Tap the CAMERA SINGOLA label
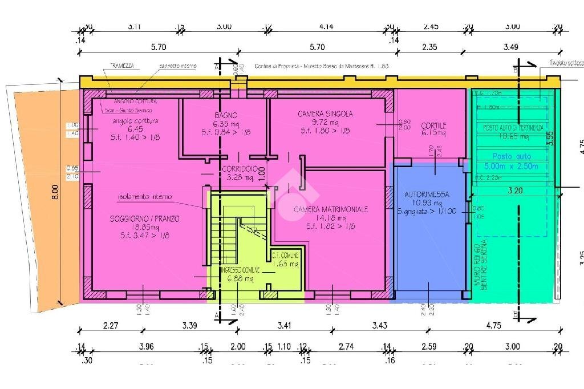coord(325,114)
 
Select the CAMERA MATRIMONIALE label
coord(331,210)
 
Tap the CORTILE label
coord(434,125)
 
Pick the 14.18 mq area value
coord(331,218)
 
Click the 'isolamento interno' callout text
coord(144,197)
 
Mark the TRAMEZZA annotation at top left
coord(122,66)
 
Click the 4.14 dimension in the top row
coord(326,26)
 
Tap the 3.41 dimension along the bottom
coord(283,326)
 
